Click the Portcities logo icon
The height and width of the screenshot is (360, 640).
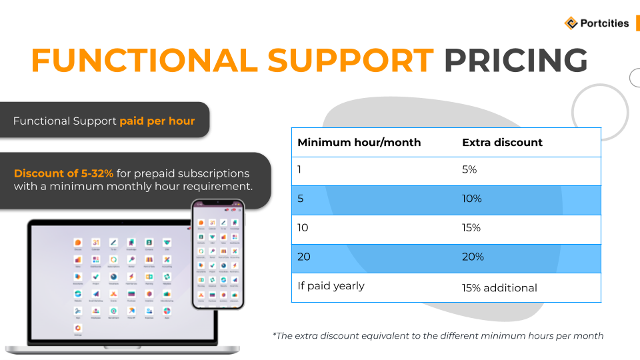click(x=571, y=23)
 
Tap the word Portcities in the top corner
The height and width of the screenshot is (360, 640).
click(x=603, y=23)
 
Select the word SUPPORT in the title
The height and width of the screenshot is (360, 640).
click(x=351, y=61)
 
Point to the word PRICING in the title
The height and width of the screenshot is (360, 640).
click(x=516, y=61)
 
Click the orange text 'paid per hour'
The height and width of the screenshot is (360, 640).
click(x=157, y=121)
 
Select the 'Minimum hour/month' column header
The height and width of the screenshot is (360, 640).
click(x=359, y=143)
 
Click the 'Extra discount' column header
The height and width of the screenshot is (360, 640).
click(x=502, y=143)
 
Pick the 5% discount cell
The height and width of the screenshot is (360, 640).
click(x=469, y=170)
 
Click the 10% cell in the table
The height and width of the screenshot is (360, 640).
click(x=471, y=199)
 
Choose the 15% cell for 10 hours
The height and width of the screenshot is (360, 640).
click(x=471, y=228)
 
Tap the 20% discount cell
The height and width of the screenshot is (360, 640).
click(x=473, y=257)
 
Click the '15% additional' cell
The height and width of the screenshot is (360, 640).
click(x=499, y=288)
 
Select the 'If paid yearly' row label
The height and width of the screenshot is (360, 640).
click(x=331, y=286)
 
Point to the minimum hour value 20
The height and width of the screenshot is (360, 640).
click(x=304, y=257)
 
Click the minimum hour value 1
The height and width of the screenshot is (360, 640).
click(x=299, y=170)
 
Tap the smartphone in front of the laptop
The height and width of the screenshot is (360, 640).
click(x=217, y=255)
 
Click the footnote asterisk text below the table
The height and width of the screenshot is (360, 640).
click(x=438, y=336)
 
